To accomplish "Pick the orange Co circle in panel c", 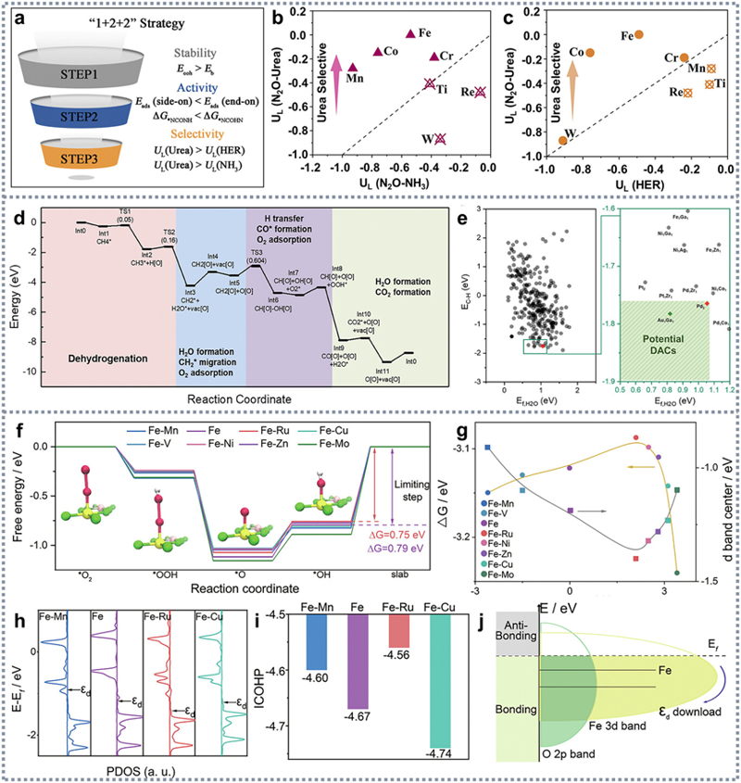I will click(590, 53).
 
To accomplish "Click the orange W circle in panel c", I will click(563, 140).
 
